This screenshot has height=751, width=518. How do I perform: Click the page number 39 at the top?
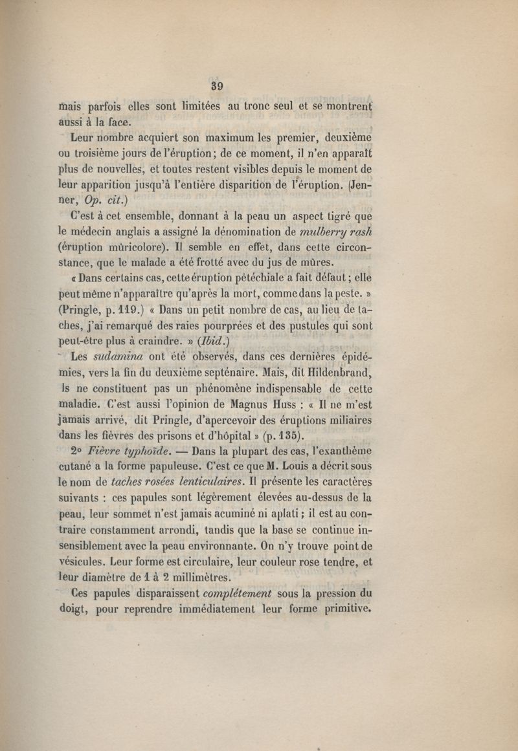(217, 85)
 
